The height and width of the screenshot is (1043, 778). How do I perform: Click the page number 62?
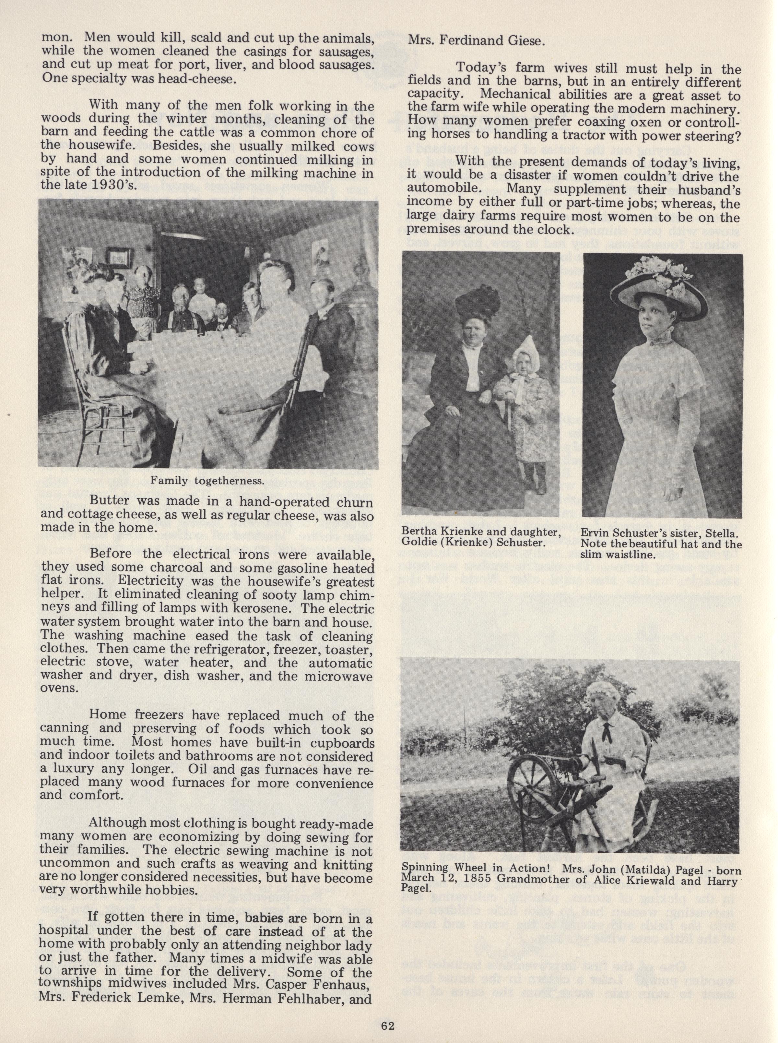click(x=388, y=1023)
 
